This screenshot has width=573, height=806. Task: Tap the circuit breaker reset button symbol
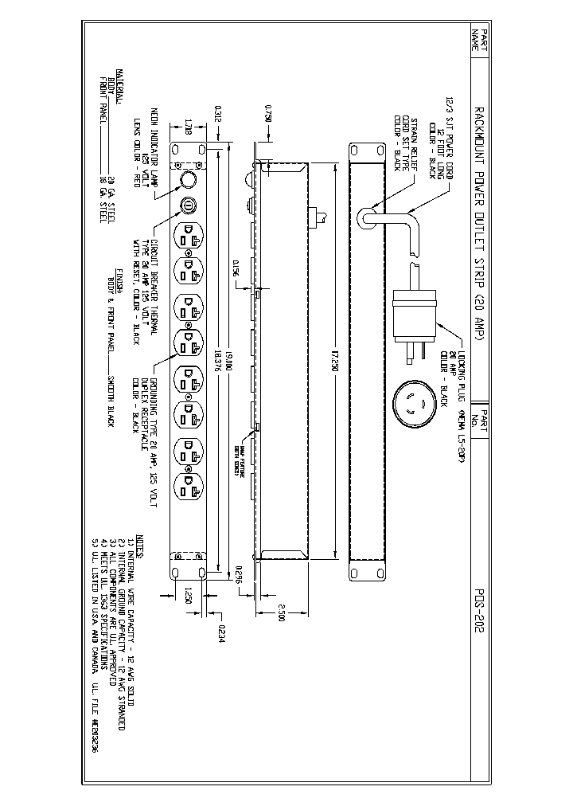(x=189, y=205)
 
